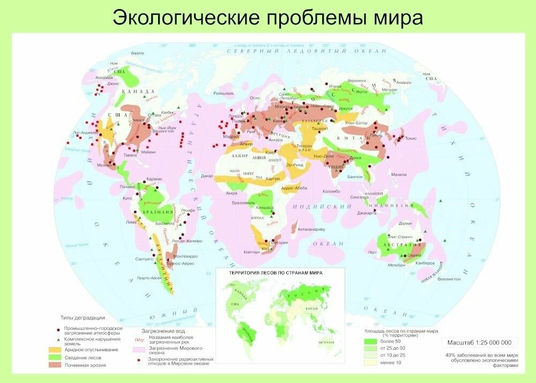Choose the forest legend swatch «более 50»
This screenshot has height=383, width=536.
pyautogui.click(x=370, y=341)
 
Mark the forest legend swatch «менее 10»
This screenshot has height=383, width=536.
pyautogui.click(x=370, y=363)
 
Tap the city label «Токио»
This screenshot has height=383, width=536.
pyautogui.click(x=411, y=138)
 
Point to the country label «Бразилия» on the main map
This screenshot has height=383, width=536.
pyautogui.click(x=159, y=212)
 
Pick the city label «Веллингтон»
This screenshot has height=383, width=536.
pyautogui.click(x=449, y=278)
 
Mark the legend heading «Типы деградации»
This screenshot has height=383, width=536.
pyautogui.click(x=82, y=318)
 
